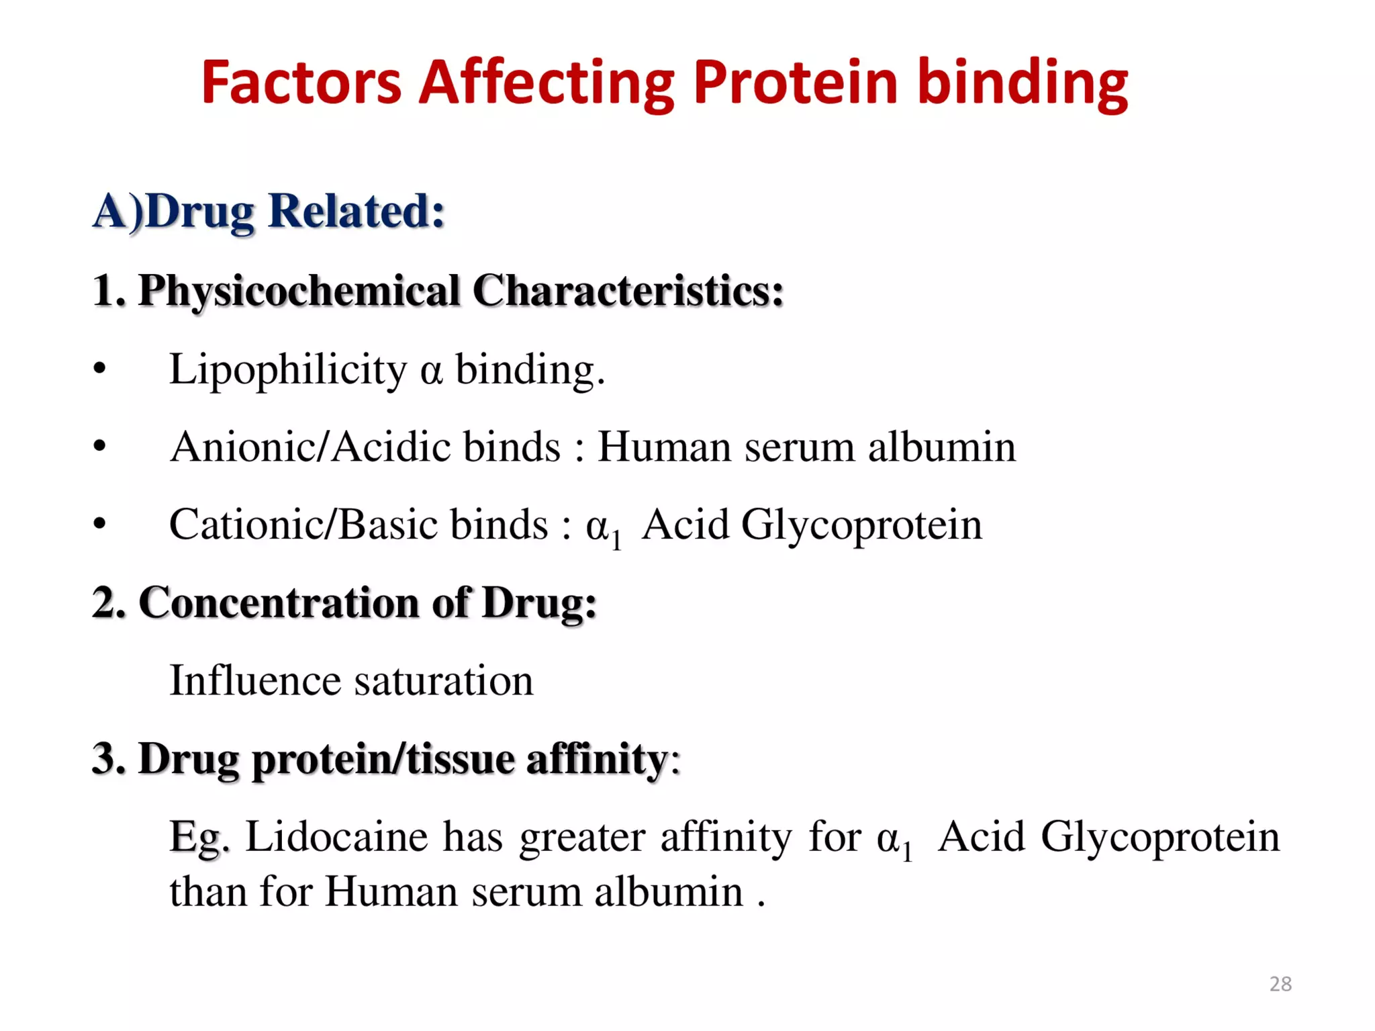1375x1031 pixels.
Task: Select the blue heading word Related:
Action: [x=356, y=211]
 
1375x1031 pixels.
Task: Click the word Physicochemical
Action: [x=299, y=292]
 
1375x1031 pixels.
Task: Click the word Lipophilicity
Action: [x=287, y=370]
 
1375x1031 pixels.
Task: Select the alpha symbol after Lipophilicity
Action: [x=431, y=371]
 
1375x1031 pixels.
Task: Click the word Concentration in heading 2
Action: [x=279, y=602]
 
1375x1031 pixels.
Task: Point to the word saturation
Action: [x=443, y=680]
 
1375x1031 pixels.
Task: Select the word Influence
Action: [x=255, y=680]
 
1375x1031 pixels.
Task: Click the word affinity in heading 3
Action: [x=596, y=759]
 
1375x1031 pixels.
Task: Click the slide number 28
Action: [x=1280, y=984]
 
